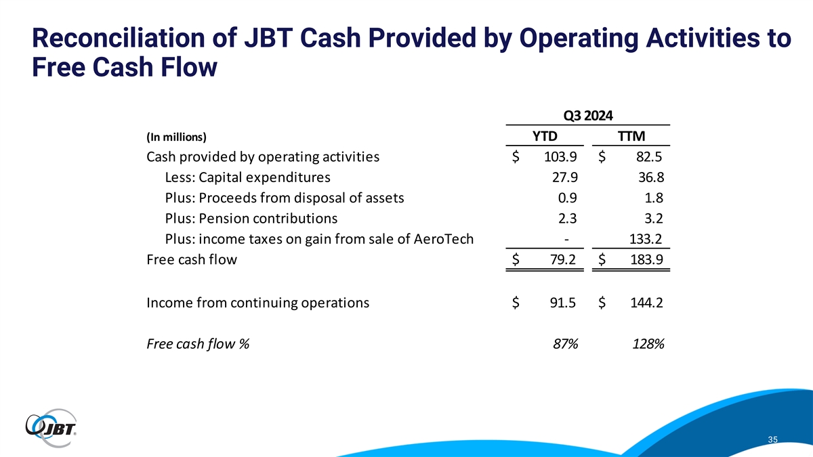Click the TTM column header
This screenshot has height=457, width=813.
(633, 135)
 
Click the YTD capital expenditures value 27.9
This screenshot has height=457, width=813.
(564, 178)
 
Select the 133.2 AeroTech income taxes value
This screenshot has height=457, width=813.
(645, 239)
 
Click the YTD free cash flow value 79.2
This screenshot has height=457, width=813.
(564, 259)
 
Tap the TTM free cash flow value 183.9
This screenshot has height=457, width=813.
(645, 259)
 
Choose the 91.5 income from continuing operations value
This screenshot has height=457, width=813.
(564, 303)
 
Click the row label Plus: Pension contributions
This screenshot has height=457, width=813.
(251, 219)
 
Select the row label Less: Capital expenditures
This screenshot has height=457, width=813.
(247, 178)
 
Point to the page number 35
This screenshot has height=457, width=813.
(772, 440)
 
